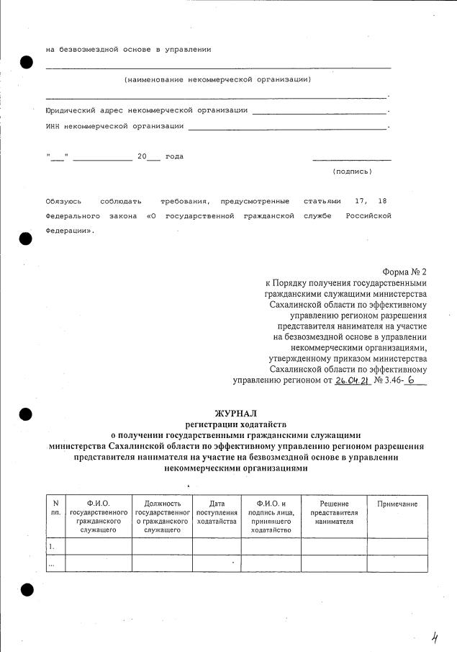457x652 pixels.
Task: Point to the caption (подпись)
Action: coord(352,171)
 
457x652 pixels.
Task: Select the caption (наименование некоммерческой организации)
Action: coord(217,79)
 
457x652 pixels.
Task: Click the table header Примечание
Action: coord(397,504)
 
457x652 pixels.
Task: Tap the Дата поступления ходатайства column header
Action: coord(217,512)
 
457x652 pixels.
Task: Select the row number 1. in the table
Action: coord(52,546)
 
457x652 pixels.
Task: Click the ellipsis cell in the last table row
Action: coord(52,563)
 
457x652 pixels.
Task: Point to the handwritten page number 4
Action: coord(435,636)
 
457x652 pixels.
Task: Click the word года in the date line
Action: coord(174,156)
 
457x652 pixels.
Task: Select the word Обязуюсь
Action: coord(63,200)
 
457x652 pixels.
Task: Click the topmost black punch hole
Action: coord(27,61)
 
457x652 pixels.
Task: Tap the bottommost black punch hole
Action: coord(27,590)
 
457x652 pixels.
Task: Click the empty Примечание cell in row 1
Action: coord(397,546)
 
